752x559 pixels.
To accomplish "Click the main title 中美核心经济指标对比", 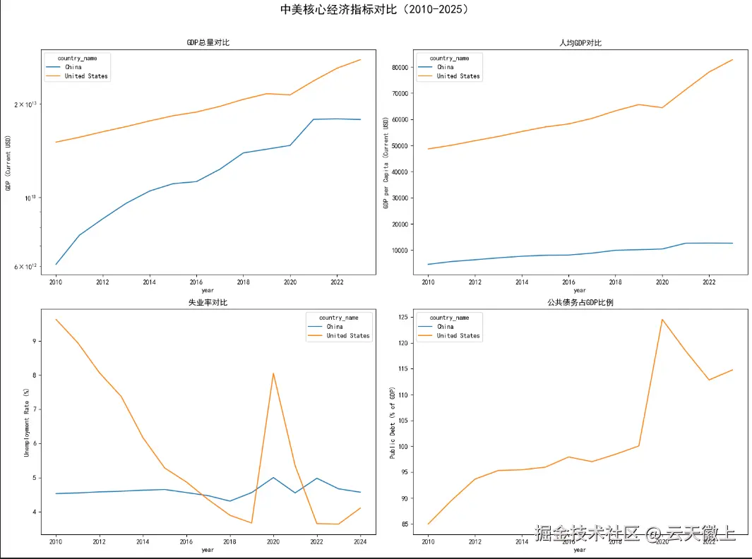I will [x=374, y=10].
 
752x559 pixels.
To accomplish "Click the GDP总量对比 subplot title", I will [x=208, y=43].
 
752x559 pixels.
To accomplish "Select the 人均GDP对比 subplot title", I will [x=580, y=43].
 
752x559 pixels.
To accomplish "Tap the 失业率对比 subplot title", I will [x=208, y=303].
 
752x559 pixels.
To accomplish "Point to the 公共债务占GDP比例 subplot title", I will [x=580, y=303].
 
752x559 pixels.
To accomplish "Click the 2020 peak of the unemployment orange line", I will [x=273, y=373].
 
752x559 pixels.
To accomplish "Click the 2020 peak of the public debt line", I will [x=662, y=319].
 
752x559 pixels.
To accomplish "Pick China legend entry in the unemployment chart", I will [x=335, y=327].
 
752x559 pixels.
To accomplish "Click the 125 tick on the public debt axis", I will [x=402, y=317].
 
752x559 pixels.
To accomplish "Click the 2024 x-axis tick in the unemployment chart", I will [x=360, y=542].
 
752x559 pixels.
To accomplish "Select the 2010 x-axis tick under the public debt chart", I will [x=428, y=542].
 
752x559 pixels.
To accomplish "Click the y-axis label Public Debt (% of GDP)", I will [x=393, y=422].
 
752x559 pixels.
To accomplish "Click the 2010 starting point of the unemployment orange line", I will [x=56, y=319].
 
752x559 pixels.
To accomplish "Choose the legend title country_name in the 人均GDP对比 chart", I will [x=449, y=58].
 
